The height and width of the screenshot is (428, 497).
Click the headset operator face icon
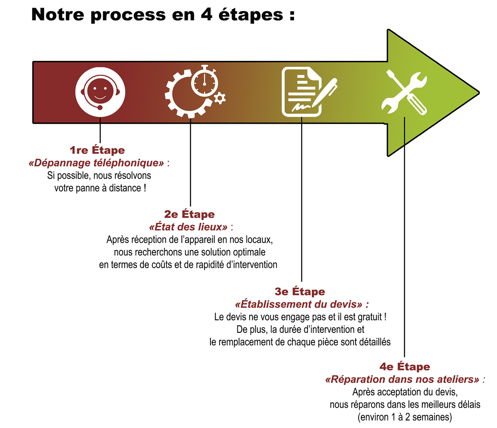(x=100, y=92)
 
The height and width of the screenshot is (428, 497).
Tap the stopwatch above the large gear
(x=204, y=82)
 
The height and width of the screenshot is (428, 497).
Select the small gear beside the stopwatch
(x=220, y=98)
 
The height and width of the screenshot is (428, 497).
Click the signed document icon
(x=301, y=92)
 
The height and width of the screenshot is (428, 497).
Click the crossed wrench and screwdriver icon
(x=404, y=93)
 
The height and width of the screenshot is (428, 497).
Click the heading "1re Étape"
(x=97, y=150)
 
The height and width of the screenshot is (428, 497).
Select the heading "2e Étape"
(x=189, y=214)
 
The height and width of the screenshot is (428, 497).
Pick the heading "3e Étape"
(x=300, y=291)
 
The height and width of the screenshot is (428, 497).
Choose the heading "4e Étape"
(x=404, y=366)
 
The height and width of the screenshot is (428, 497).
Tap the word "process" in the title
(x=128, y=15)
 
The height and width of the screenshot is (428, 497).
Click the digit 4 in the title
(x=206, y=15)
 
